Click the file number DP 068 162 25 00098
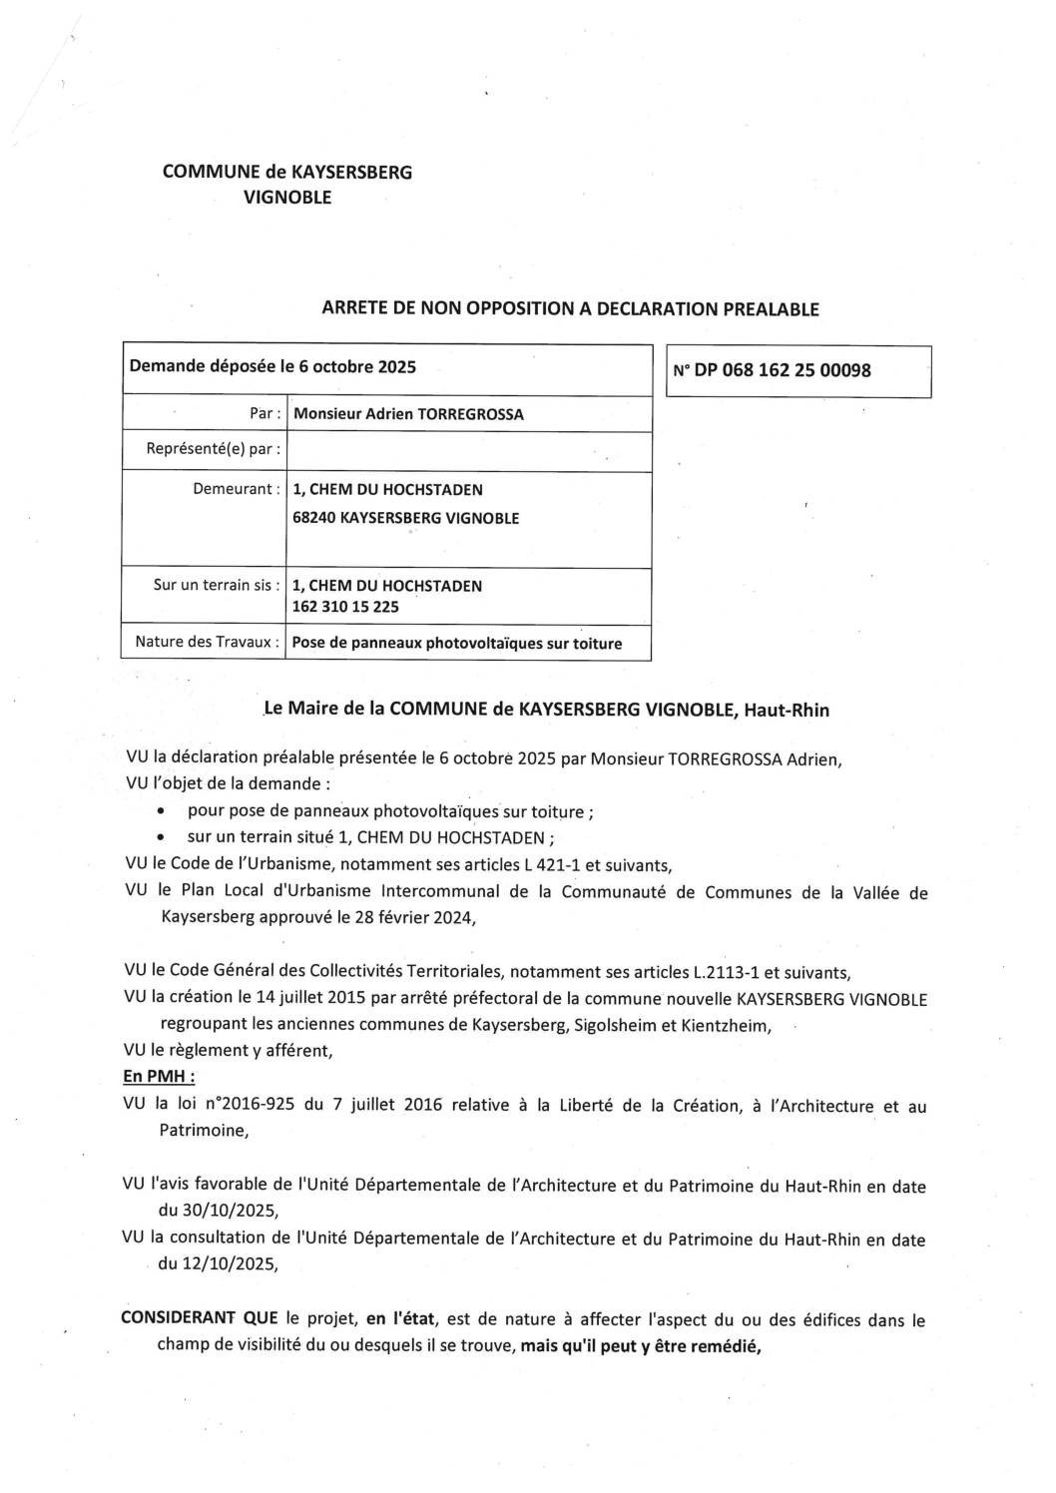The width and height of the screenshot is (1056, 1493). (783, 370)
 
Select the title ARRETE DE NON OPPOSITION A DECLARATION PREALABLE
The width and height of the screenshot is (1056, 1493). (570, 309)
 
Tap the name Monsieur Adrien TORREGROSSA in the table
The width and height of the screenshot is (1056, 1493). (407, 413)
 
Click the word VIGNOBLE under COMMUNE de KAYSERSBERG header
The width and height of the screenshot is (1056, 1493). (287, 198)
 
